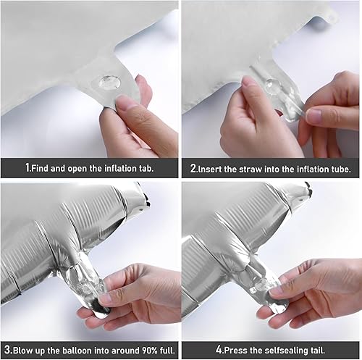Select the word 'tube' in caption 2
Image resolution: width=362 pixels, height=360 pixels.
coord(340,168)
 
